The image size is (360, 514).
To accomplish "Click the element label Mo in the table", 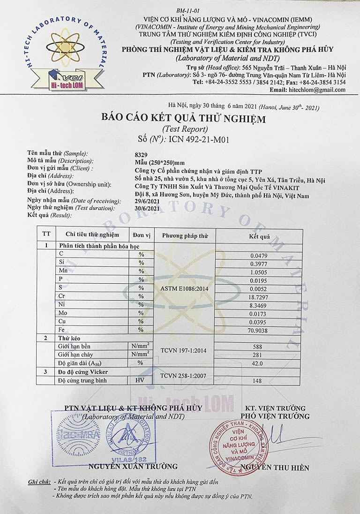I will tap(62, 312).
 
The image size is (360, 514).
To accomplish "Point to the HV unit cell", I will tap(140, 380).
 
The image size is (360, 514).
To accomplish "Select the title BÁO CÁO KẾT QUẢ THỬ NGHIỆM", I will tap(183, 119).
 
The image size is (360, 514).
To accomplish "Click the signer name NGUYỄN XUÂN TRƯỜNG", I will tap(133, 466).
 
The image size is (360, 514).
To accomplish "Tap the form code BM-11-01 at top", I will tap(188, 10).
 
